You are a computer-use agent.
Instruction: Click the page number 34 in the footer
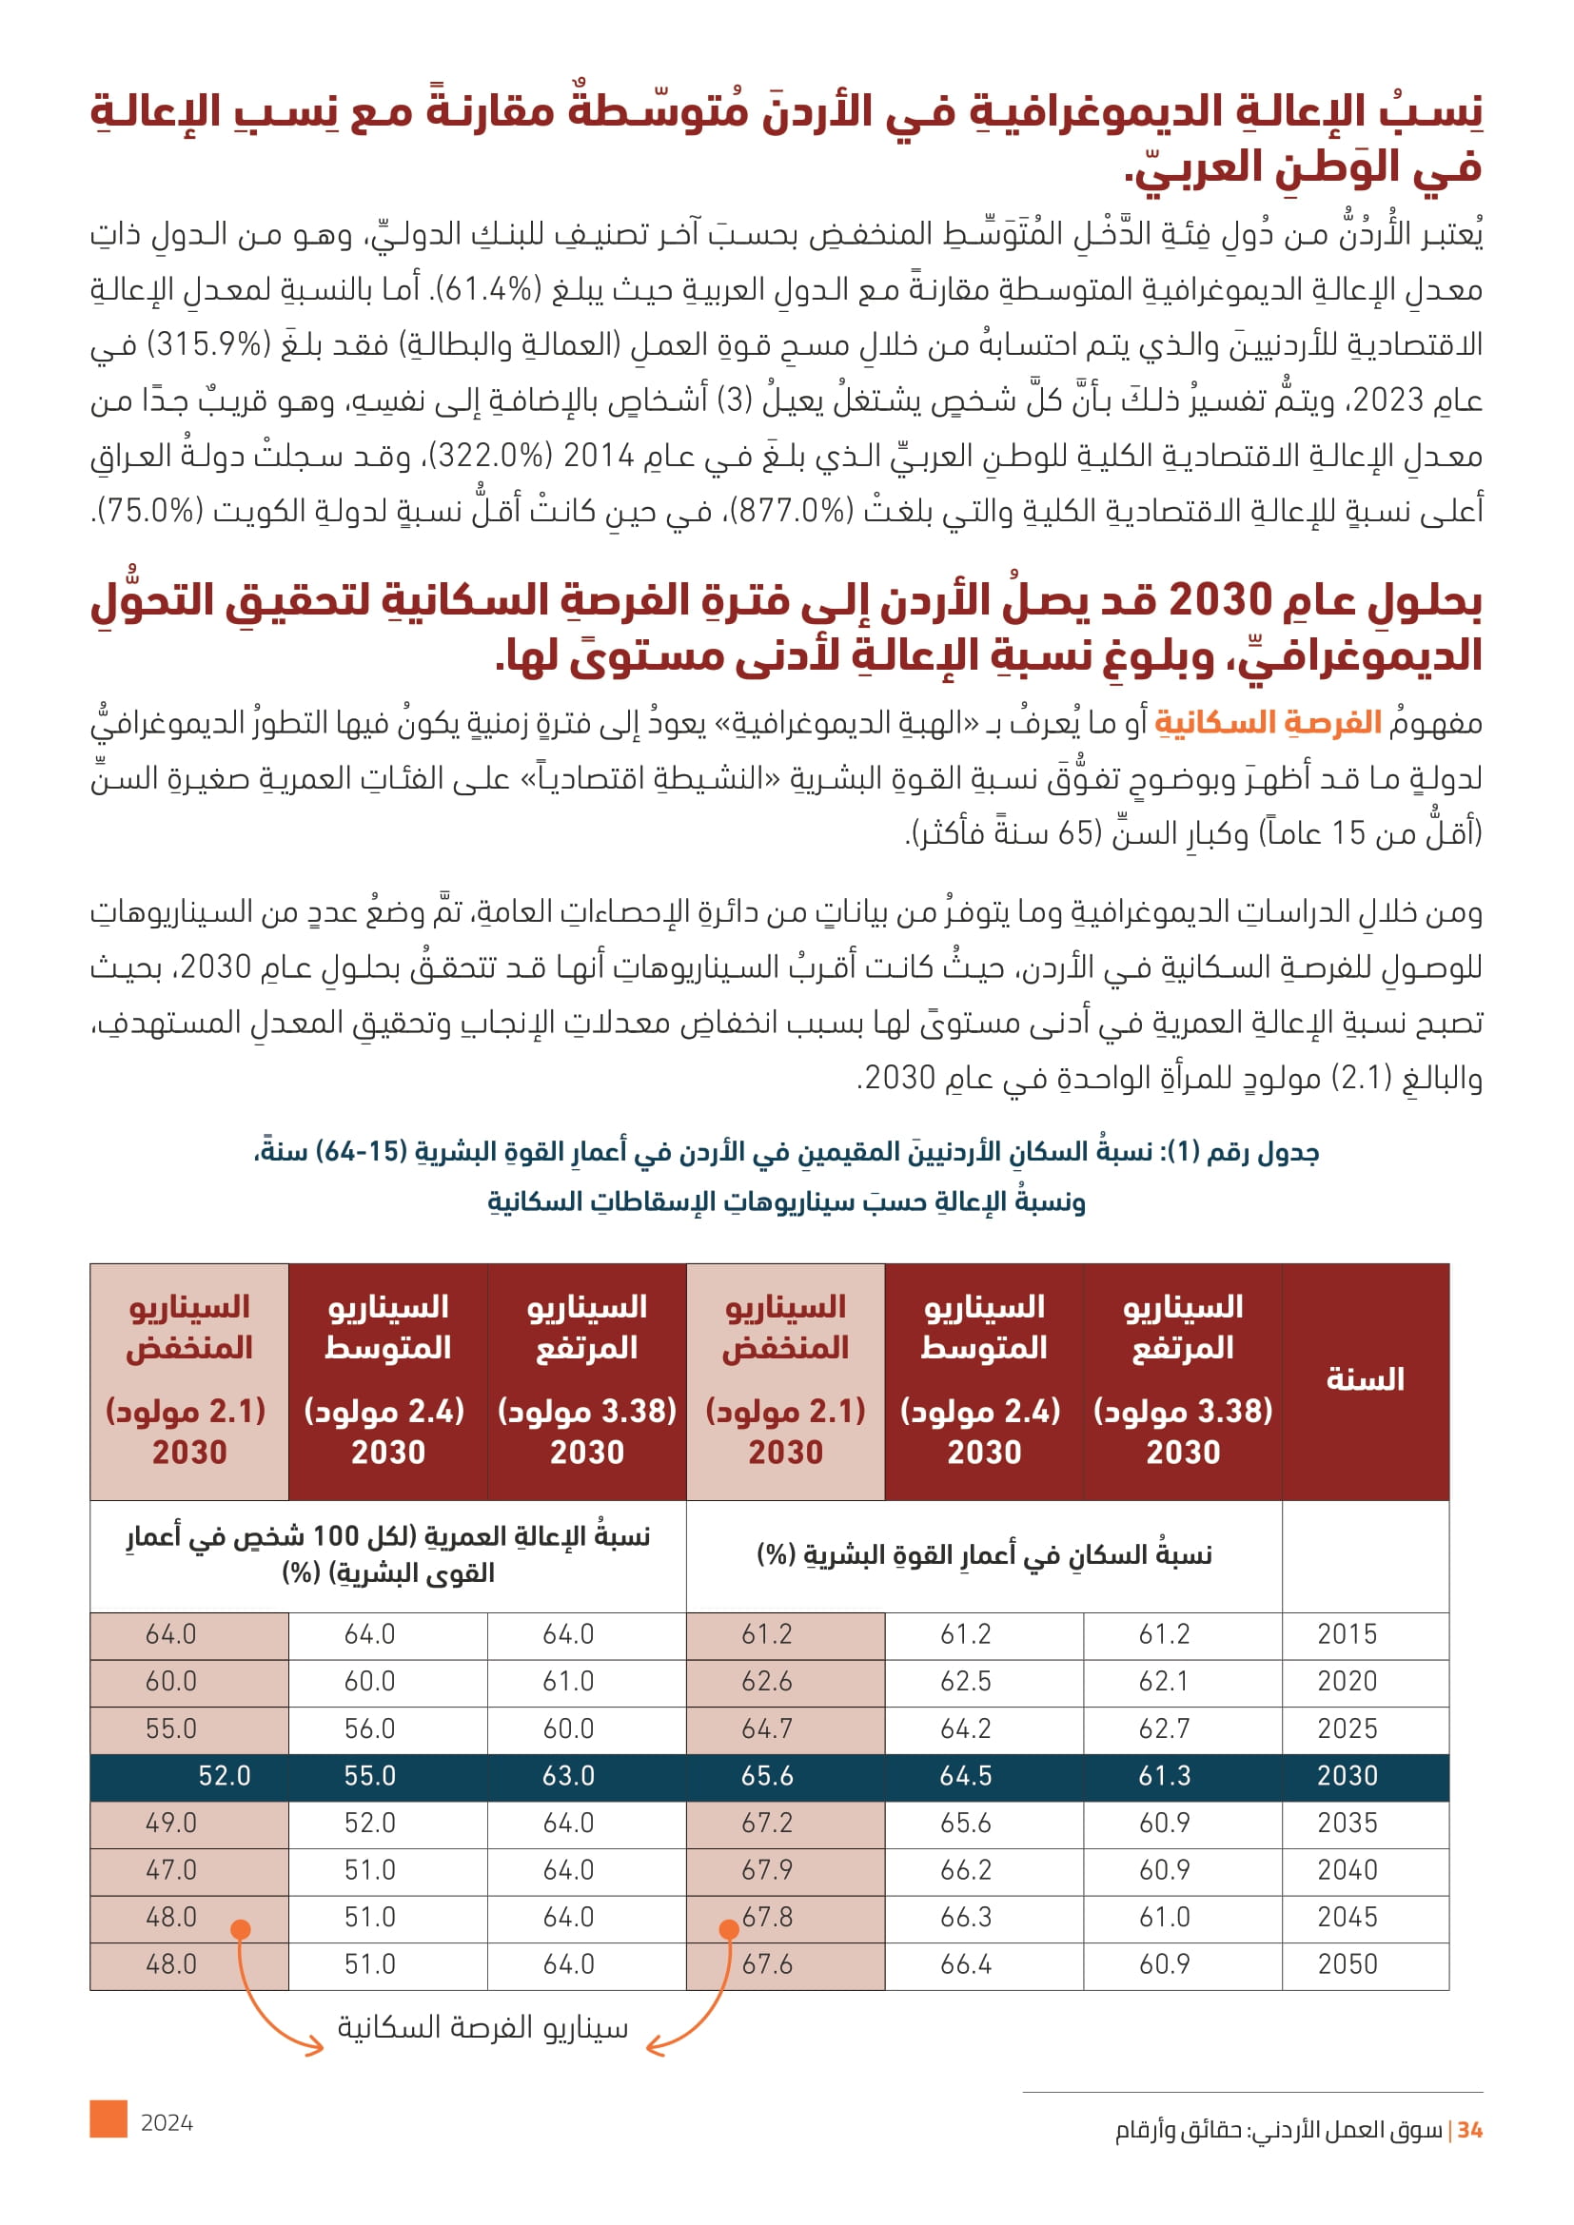point(1469,2130)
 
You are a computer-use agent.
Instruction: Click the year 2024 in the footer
point(167,2123)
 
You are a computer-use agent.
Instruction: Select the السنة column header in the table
point(1365,1379)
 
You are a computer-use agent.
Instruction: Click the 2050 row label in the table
point(1348,1964)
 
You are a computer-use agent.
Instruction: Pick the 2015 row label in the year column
point(1348,1634)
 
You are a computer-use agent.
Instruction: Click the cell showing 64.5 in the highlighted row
point(965,1775)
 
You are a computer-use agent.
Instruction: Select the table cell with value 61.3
point(1164,1775)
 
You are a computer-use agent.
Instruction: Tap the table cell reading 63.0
point(568,1775)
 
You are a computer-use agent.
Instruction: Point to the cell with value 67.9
point(767,1869)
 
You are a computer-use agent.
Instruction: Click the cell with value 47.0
point(170,1869)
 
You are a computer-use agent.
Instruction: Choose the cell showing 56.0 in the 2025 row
point(369,1727)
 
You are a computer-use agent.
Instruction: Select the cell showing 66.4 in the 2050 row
point(965,1964)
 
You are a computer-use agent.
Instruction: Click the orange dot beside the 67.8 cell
point(729,1929)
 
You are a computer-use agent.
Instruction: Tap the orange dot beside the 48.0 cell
point(241,1929)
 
